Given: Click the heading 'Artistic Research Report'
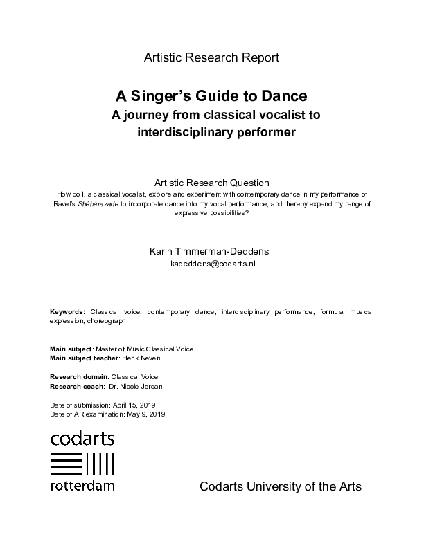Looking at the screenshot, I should pyautogui.click(x=211, y=57).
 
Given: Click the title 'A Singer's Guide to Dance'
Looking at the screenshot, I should pyautogui.click(x=211, y=95).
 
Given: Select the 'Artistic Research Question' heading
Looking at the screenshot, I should pyautogui.click(x=211, y=183).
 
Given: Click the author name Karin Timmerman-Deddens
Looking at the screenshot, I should pyautogui.click(x=212, y=251).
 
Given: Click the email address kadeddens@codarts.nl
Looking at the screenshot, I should pyautogui.click(x=213, y=264).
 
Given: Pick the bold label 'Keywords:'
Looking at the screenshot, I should pyautogui.click(x=67, y=312).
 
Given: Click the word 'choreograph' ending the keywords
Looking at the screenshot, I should pyautogui.click(x=107, y=321).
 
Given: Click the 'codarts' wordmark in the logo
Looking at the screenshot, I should pyautogui.click(x=82, y=438).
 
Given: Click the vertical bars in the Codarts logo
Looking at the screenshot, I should pyautogui.click(x=101, y=462).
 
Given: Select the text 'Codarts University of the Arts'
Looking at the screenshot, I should pyautogui.click(x=280, y=486).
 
